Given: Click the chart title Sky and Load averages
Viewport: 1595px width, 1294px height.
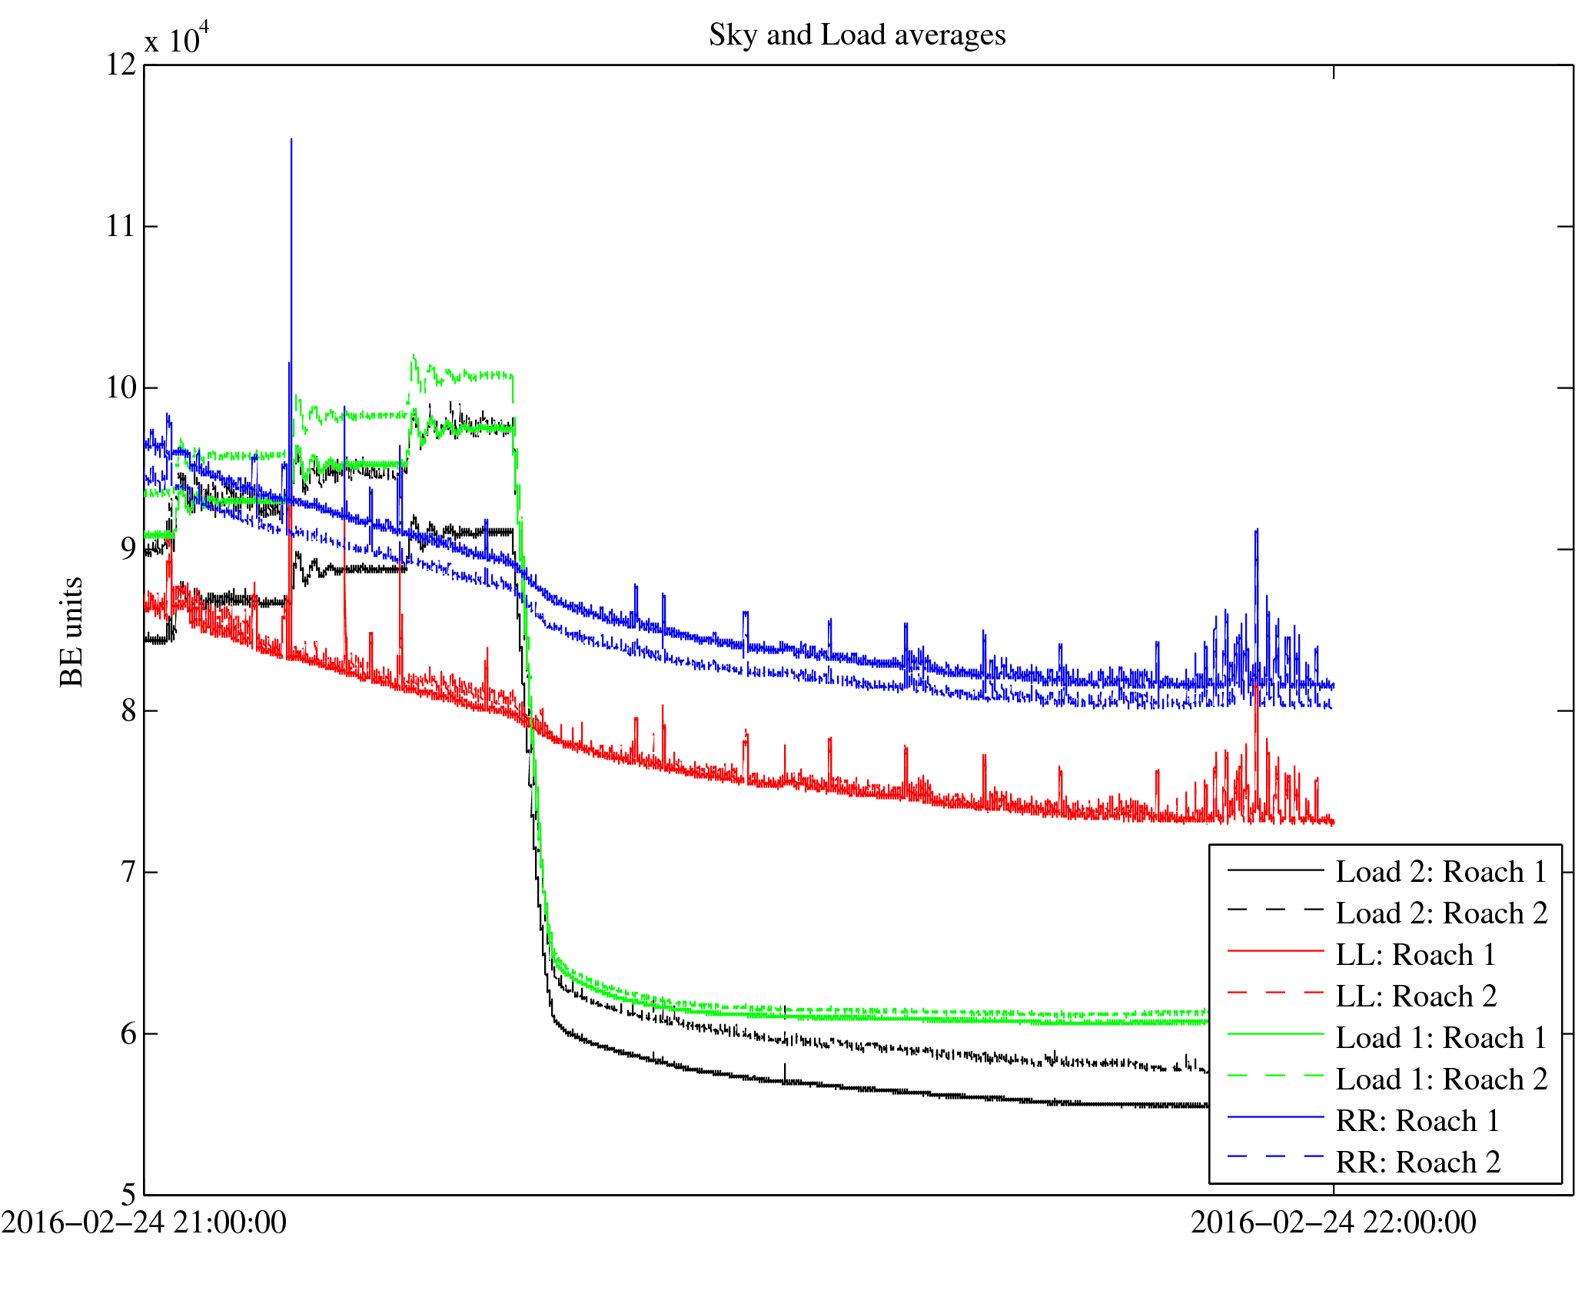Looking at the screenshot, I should pyautogui.click(x=857, y=35).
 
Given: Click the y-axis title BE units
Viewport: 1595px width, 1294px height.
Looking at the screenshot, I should pyautogui.click(x=71, y=631).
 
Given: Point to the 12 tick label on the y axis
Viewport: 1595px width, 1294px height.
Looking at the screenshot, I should pyautogui.click(x=121, y=65).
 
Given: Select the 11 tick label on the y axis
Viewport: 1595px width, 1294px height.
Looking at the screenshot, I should pyautogui.click(x=121, y=226).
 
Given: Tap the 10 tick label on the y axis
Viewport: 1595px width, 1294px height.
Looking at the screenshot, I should pyautogui.click(x=121, y=388).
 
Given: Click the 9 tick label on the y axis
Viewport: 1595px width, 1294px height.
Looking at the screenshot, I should pyautogui.click(x=128, y=549).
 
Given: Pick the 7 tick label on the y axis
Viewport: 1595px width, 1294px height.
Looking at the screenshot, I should pyautogui.click(x=128, y=872).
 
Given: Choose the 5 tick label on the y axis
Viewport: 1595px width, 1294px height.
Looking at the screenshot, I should pyautogui.click(x=128, y=1194).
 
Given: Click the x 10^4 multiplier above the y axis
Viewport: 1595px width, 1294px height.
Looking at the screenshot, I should pyautogui.click(x=177, y=38).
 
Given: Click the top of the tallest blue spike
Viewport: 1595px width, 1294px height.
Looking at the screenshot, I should pyautogui.click(x=291, y=140).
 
